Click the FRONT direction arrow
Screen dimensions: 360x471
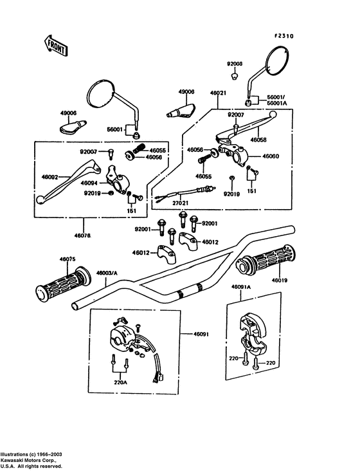point(56,46)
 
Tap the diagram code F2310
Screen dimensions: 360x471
point(284,36)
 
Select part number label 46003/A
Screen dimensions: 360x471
point(107,273)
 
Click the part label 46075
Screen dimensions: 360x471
point(67,259)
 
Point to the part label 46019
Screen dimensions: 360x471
point(280,281)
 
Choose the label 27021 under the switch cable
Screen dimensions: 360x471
point(180,203)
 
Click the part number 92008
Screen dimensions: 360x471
point(235,64)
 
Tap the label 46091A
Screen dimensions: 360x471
point(241,287)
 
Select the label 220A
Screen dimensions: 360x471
point(120,383)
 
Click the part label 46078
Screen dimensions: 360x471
point(82,235)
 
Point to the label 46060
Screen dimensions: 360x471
point(271,156)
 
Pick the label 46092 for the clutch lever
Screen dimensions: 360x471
point(50,177)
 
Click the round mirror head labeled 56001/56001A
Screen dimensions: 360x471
point(278,61)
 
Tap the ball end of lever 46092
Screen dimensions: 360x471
point(40,199)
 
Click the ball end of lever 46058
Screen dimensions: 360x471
point(273,114)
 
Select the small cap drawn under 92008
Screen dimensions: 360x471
point(235,75)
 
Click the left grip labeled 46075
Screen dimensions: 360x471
point(63,284)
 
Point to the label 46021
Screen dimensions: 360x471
point(218,93)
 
